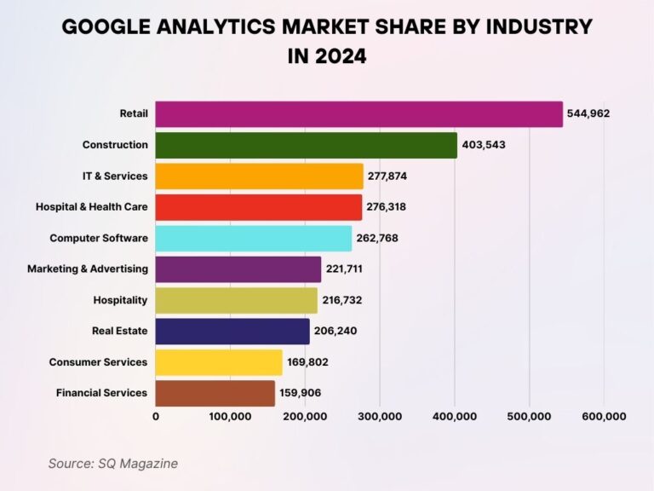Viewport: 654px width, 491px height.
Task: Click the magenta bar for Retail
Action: coord(359,114)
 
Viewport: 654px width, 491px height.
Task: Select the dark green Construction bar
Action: coord(306,145)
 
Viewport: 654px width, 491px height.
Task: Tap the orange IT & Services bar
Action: coord(259,176)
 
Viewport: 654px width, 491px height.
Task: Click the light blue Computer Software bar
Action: coord(253,238)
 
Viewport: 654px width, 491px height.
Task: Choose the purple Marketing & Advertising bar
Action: coord(238,269)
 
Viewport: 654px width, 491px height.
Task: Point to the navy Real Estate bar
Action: coord(232,332)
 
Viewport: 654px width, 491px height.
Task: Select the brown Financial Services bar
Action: coord(215,393)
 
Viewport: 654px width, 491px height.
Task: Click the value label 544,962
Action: coord(589,114)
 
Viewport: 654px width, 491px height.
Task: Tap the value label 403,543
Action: coord(484,145)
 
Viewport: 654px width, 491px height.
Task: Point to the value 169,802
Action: coord(307,362)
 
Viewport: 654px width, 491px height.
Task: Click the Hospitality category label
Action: coord(120,300)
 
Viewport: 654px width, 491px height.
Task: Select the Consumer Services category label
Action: coord(98,362)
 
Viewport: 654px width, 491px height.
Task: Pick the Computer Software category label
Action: coord(98,238)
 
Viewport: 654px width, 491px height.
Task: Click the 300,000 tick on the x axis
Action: coord(380,417)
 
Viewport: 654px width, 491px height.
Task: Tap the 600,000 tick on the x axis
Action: coord(604,417)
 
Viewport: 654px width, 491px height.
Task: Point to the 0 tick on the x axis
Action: coord(156,417)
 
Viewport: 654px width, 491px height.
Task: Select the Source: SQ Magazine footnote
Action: coord(112,464)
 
